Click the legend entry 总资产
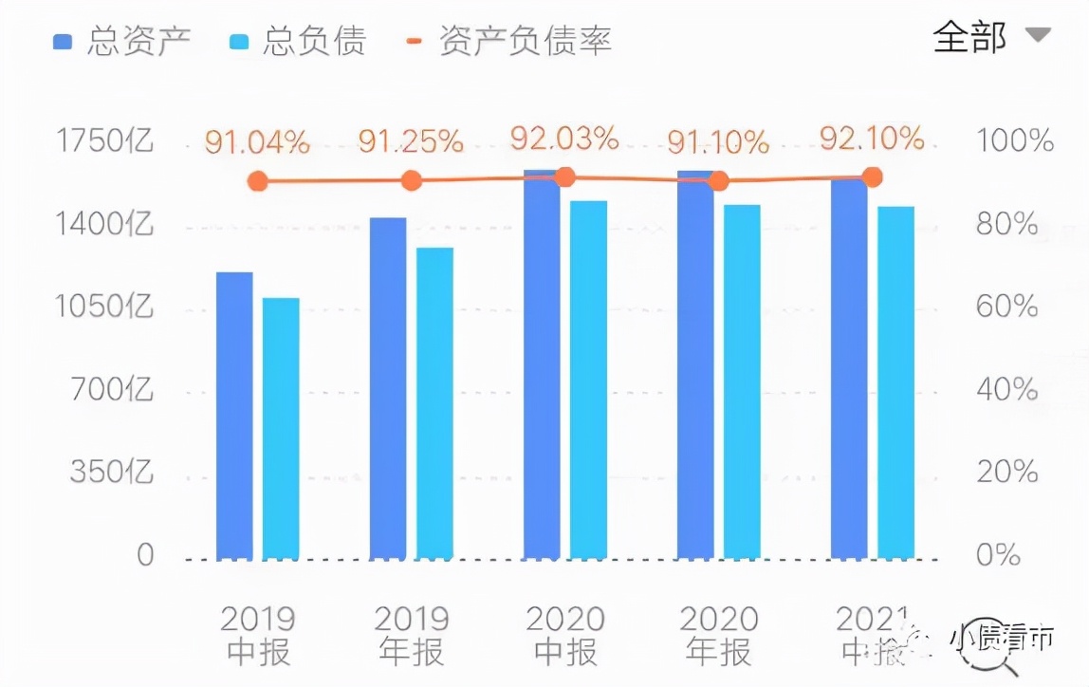coord(123,41)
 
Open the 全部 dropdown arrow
coord(1038,36)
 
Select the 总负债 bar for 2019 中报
coord(281,428)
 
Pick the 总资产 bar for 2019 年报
coord(388,388)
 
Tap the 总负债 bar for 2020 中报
coord(588,380)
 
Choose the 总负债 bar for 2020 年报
coord(742,381)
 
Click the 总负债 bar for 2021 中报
coord(895,382)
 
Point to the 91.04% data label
coord(257,143)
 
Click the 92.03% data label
coord(564,139)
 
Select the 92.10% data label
coord(872,139)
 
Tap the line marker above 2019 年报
coord(411,180)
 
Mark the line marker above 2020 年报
coord(718,181)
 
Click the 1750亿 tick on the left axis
coord(104,141)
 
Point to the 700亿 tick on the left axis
coord(112,389)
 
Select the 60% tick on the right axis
coord(1007,306)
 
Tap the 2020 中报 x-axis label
coord(565,636)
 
